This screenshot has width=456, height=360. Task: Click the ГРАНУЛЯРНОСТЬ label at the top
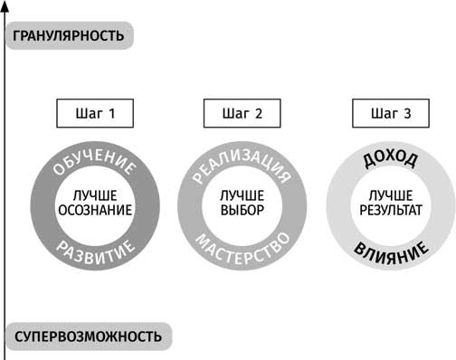point(70,36)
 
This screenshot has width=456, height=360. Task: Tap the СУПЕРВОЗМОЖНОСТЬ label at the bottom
point(89,336)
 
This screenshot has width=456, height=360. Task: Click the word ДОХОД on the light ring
point(390,160)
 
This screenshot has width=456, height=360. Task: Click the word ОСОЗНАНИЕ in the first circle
point(95,211)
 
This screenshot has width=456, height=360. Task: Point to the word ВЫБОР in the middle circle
point(242,211)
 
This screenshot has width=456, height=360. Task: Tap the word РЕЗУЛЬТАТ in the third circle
point(390,211)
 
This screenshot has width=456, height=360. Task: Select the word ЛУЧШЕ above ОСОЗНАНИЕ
point(95,195)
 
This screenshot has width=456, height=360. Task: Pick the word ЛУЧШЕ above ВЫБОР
point(242,195)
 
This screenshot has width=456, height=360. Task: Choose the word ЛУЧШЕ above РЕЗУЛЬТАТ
point(390,195)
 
